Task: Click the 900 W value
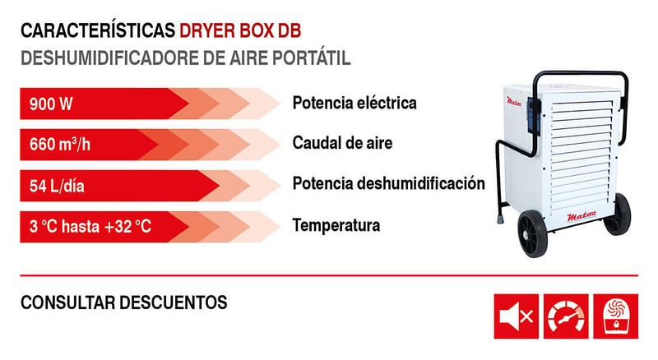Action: [x=51, y=104]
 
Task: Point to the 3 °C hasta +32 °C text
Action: [x=90, y=225]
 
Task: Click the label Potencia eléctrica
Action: [x=354, y=103]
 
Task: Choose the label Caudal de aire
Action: [x=342, y=143]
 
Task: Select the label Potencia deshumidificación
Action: [x=388, y=183]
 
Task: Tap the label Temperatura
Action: [x=336, y=224]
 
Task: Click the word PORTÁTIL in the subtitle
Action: [x=312, y=59]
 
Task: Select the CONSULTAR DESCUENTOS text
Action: [x=123, y=302]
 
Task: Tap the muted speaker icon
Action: [x=516, y=316]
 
